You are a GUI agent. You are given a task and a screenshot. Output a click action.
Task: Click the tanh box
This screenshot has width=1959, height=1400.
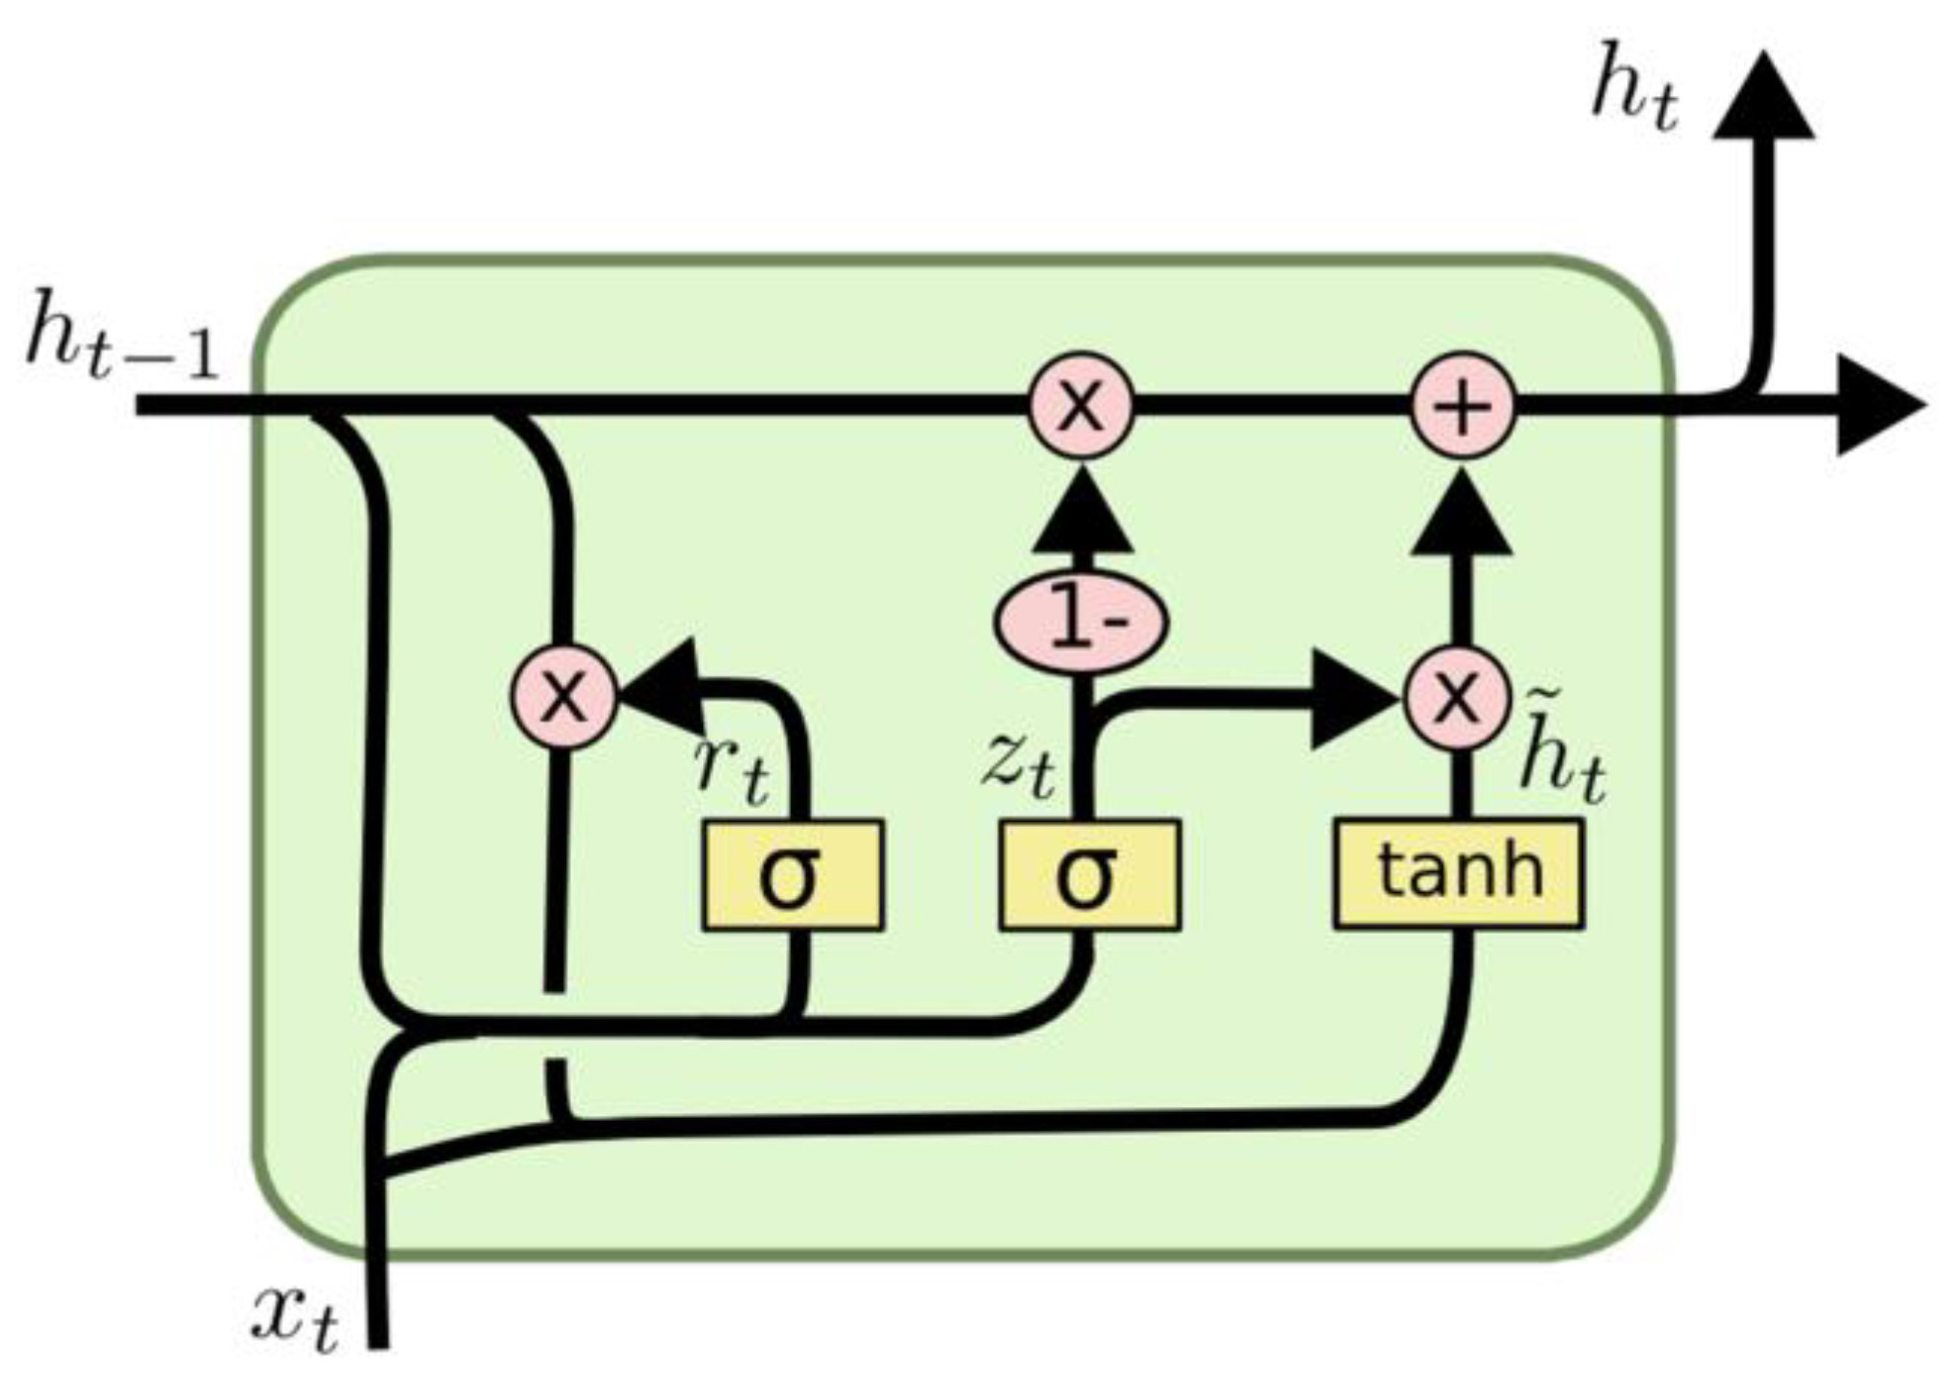(x=1458, y=873)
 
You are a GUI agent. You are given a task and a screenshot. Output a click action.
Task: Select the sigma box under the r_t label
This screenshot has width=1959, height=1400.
(x=792, y=875)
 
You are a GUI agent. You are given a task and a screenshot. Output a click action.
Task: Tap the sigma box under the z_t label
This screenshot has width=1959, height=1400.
(x=1089, y=875)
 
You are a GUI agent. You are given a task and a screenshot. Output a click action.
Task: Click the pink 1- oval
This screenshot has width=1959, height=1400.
(x=1081, y=622)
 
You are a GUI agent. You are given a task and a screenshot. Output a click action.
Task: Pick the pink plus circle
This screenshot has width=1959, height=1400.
(x=1463, y=406)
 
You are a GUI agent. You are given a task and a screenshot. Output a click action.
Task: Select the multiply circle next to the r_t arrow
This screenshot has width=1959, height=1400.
(x=563, y=696)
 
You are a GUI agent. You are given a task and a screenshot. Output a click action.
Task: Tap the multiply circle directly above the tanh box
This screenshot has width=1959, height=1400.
(x=1457, y=696)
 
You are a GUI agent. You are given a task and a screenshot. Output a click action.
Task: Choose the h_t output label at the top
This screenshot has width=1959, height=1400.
(x=1634, y=94)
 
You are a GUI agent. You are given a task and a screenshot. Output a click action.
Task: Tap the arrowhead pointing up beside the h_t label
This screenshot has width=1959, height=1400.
(x=1762, y=99)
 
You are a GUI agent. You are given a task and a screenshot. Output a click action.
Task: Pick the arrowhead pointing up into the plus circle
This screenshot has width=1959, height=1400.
(x=1461, y=515)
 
